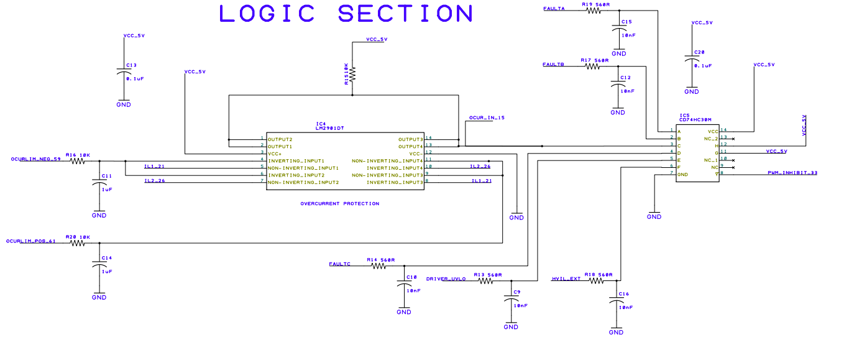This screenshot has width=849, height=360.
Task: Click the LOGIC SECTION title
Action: tap(346, 14)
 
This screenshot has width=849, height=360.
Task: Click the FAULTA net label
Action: tap(554, 9)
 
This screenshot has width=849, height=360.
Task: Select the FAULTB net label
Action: tap(553, 65)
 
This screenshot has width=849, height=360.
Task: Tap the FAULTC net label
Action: tap(340, 264)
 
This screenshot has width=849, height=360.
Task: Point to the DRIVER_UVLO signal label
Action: tap(446, 279)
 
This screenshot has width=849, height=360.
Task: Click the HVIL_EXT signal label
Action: tap(566, 279)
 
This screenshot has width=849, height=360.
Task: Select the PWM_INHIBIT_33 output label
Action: tap(792, 173)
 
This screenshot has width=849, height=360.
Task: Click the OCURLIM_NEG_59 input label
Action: tap(35, 159)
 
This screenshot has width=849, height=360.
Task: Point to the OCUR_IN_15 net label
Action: tap(487, 118)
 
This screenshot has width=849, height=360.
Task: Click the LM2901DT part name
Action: tap(330, 128)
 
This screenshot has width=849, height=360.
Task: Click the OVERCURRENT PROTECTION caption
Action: tap(339, 203)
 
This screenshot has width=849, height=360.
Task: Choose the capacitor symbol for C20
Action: tap(692, 59)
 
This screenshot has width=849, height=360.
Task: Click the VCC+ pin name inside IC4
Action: tap(275, 153)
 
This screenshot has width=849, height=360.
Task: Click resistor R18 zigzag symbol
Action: tap(596, 281)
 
